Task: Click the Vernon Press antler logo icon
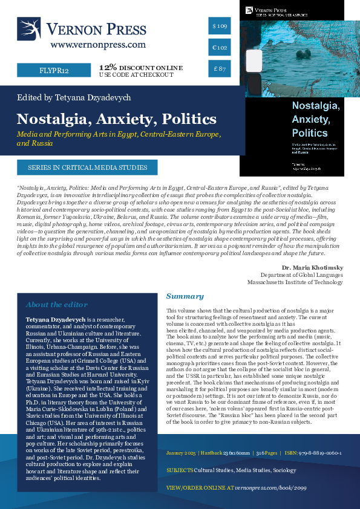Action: coord(29,29)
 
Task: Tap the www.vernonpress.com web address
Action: coord(98,45)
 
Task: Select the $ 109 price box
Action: coord(220,27)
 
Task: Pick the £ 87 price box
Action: coord(220,70)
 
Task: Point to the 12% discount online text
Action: coord(140,66)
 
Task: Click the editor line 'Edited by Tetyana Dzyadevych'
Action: coord(74,97)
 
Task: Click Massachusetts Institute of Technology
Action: coord(299,282)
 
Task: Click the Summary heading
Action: coord(185,297)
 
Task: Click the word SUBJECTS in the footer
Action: coord(180,470)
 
